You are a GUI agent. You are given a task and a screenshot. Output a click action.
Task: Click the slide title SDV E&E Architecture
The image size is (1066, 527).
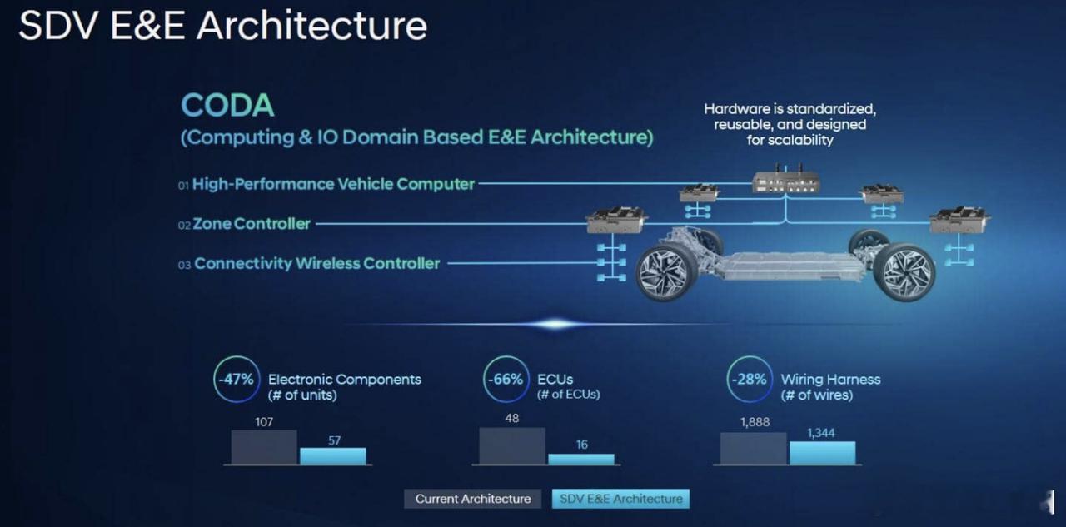click(222, 25)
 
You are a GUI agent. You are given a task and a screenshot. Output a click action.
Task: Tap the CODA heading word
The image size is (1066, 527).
click(227, 105)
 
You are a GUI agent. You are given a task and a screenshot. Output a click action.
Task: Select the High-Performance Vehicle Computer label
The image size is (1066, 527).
click(333, 184)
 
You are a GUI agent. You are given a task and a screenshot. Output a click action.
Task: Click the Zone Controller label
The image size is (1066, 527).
click(252, 224)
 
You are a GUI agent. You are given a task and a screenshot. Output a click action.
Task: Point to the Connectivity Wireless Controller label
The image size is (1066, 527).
click(317, 263)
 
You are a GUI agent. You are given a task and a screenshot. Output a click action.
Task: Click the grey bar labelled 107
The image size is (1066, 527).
click(264, 447)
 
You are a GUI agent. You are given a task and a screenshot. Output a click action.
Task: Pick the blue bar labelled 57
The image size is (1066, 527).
click(333, 456)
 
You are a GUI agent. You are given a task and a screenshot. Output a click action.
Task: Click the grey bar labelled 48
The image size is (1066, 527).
click(512, 445)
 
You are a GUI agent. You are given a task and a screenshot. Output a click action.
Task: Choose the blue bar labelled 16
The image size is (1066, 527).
click(581, 459)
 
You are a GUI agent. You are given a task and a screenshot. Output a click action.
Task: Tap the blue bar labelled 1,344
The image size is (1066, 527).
click(822, 453)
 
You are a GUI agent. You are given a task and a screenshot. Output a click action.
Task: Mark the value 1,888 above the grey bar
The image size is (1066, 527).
click(755, 422)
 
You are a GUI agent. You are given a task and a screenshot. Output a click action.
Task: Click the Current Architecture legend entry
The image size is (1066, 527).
click(472, 499)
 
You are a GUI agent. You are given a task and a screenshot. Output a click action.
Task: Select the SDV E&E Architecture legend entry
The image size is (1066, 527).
click(620, 499)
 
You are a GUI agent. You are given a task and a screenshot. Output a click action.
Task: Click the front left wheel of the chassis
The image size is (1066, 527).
click(666, 272)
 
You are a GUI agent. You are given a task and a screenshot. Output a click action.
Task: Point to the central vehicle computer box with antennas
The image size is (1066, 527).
click(785, 181)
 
